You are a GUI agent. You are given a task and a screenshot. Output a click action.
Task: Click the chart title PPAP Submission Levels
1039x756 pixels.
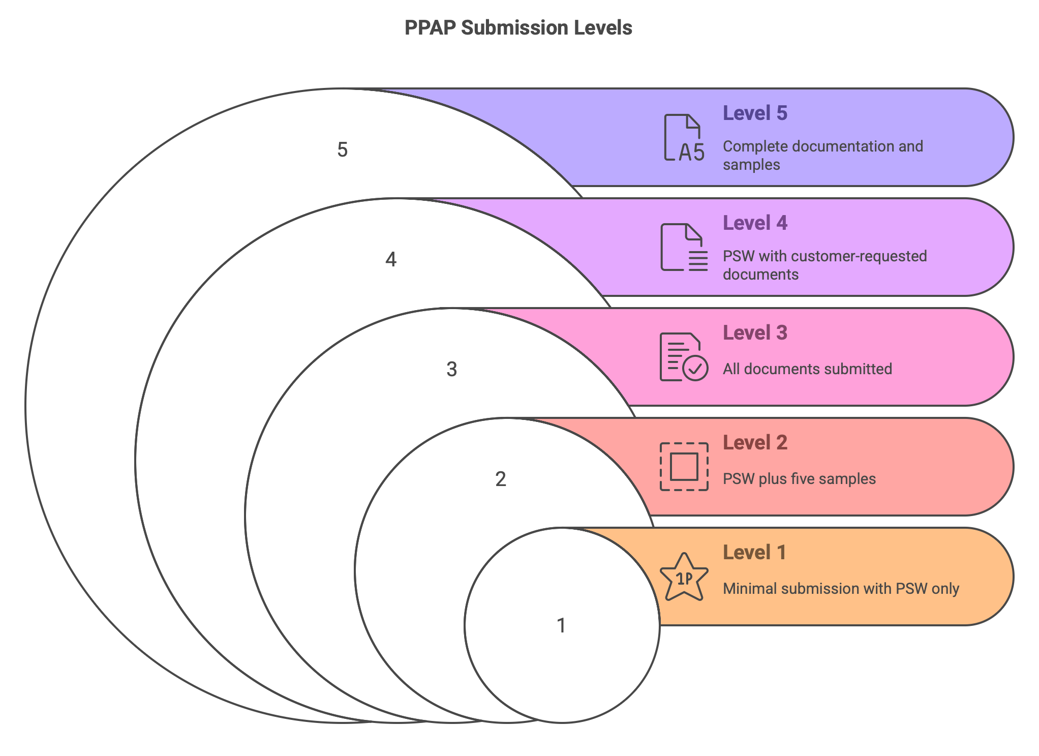coord(518,28)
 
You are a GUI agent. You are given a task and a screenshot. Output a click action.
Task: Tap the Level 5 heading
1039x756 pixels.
coord(755,113)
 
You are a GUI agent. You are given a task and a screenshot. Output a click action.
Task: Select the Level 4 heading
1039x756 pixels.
coord(755,223)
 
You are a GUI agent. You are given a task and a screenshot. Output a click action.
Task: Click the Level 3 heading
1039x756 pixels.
coord(755,332)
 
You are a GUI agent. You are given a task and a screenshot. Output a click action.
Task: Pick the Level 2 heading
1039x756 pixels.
coord(755,442)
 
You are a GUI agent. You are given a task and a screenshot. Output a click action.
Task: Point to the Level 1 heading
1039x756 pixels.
coord(754,552)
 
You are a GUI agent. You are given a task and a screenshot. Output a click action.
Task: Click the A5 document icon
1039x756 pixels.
coord(684,138)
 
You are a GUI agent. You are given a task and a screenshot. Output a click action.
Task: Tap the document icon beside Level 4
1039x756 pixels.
coord(684,247)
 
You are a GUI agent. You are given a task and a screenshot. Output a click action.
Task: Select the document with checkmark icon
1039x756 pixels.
coord(684,357)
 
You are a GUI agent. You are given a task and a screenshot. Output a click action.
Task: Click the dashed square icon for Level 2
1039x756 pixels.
coord(684,467)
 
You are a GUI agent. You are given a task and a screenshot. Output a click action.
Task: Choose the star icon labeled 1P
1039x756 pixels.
coord(684,577)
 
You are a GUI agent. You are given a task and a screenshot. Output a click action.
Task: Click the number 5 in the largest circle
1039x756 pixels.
coord(343,150)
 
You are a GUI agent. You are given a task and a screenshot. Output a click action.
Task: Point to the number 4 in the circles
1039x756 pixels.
coord(391,259)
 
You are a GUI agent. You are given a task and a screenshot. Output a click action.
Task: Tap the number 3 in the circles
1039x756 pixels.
coord(452,369)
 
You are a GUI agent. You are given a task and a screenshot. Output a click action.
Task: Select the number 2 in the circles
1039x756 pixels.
coord(501,479)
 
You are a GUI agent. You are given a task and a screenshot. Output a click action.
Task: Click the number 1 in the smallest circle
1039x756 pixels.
coord(561,625)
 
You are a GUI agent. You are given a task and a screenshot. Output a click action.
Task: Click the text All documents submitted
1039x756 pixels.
coord(807,369)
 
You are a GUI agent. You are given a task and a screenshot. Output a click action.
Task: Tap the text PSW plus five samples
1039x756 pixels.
coord(799,479)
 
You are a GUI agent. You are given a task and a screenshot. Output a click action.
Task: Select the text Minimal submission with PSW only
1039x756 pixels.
coord(841,589)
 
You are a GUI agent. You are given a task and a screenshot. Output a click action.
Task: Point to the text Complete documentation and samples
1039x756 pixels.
coord(823,156)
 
